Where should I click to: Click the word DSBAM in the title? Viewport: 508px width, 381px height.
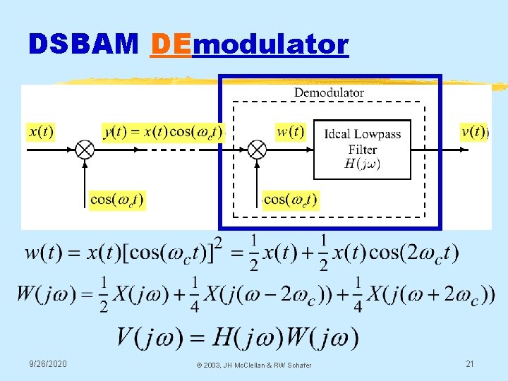coord(83,44)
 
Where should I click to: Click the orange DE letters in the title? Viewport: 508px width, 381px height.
coord(171,44)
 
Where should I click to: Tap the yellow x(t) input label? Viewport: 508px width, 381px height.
coord(40,131)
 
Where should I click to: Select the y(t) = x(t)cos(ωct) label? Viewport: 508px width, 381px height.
coord(163,131)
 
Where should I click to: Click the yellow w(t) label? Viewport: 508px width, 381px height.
coord(290,131)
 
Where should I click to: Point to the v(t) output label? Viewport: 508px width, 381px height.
coord(473,131)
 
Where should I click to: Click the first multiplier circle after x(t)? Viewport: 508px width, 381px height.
coord(85,150)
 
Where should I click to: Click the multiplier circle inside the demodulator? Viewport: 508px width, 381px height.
coord(258,150)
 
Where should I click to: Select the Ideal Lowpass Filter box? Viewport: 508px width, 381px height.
coord(362,149)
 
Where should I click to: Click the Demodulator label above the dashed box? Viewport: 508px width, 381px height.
coord(329,92)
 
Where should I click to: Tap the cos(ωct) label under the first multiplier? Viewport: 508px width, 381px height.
coord(116,200)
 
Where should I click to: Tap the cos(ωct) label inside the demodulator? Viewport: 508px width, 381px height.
coord(291,200)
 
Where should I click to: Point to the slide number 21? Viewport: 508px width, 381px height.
coord(470,363)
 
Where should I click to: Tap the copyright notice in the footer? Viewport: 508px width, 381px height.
coord(254,365)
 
